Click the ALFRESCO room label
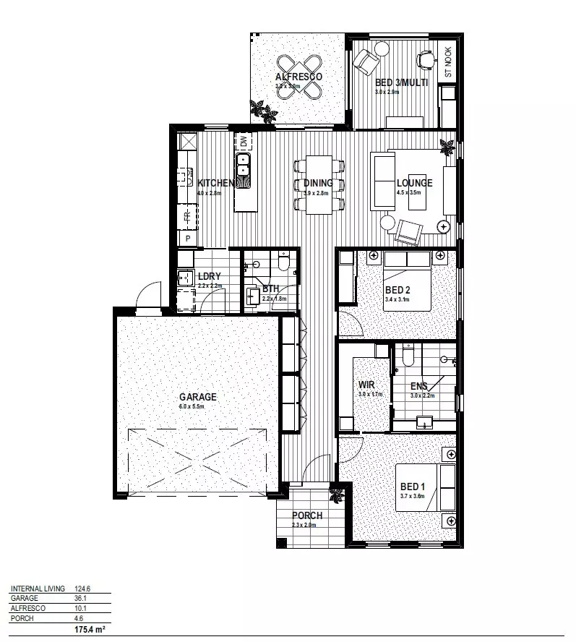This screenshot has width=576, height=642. [x=298, y=77]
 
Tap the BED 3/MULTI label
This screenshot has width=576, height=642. [x=402, y=83]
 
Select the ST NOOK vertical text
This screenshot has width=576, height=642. [x=448, y=63]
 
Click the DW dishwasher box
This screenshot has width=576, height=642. [x=244, y=141]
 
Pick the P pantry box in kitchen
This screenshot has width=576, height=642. [x=188, y=238]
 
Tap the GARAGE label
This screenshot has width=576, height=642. [x=198, y=397]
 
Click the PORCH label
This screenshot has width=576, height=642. [x=307, y=515]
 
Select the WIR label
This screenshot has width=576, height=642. [x=366, y=385]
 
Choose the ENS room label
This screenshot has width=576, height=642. [x=419, y=386]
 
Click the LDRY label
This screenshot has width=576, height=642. [x=209, y=276]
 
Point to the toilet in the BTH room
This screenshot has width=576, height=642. [x=283, y=261]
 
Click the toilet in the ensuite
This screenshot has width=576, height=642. [x=408, y=355]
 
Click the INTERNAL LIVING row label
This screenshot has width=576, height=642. [x=38, y=588]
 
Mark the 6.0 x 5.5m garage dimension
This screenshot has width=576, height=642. [x=192, y=407]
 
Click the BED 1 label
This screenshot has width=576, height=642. [x=410, y=487]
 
